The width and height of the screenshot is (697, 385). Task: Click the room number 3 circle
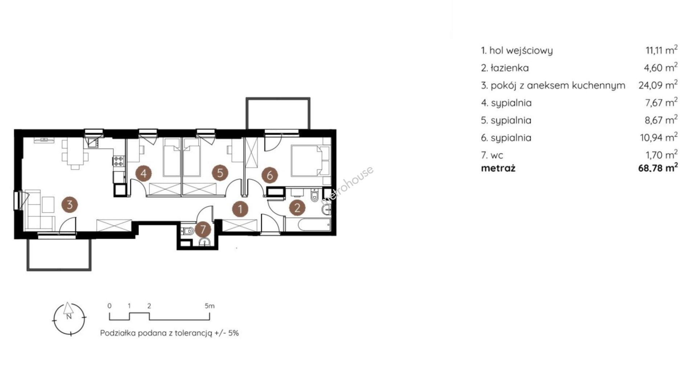coord(69,204)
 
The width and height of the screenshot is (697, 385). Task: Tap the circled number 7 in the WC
coord(203,229)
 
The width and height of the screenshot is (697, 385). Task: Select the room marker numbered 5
coord(220,173)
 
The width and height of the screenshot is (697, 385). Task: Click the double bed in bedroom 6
coord(310,161)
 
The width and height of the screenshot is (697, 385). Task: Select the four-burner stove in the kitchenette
coord(119,161)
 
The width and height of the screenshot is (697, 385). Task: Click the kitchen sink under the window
coord(93,143)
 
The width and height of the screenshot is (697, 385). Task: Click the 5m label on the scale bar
coord(210,306)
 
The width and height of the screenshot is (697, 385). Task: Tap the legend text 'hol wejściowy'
coord(521,51)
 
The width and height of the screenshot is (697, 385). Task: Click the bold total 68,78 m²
coord(658,168)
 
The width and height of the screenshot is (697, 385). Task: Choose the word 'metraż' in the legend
coord(498,168)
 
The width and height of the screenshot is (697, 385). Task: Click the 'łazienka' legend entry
coord(509,68)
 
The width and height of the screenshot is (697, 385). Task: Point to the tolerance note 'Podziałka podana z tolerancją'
coord(156,333)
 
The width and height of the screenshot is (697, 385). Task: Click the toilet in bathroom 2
coord(315,196)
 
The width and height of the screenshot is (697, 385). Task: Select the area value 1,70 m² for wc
coord(661,155)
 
